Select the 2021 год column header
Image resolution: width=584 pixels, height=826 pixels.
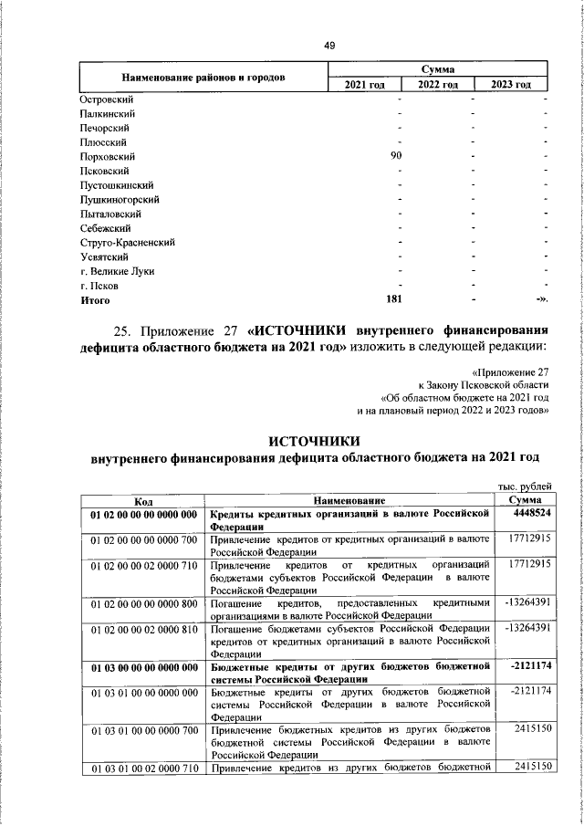[364, 85]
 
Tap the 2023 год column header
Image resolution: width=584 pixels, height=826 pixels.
[511, 85]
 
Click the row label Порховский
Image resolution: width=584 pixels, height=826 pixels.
[106, 157]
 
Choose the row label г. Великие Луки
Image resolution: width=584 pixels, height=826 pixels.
[118, 271]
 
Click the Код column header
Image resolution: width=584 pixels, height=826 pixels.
[143, 502]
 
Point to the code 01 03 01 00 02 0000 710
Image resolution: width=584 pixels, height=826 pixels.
[143, 766]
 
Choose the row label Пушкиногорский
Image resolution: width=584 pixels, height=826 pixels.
[120, 200]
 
